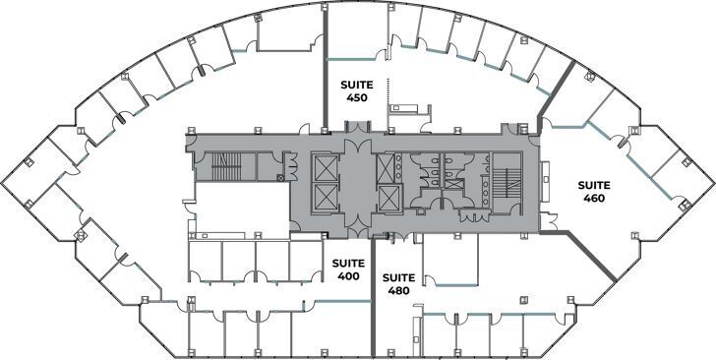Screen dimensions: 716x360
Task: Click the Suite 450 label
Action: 357,90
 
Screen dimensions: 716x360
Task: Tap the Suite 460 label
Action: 594,192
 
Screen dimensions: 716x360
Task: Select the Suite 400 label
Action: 348,270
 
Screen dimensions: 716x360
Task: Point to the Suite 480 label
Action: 398,283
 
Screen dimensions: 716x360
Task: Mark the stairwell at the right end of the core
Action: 507,183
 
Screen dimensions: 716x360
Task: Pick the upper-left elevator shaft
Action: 325,167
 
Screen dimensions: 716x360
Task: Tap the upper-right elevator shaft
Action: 385,166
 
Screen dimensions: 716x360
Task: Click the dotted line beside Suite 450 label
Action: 388,90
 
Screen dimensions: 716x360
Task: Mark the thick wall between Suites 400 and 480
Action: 373,297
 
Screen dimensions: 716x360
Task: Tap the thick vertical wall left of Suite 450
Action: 326,69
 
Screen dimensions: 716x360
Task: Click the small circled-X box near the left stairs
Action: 280,178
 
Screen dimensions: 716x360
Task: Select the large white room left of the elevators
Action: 242,207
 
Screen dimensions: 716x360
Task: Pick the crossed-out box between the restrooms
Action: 454,184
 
